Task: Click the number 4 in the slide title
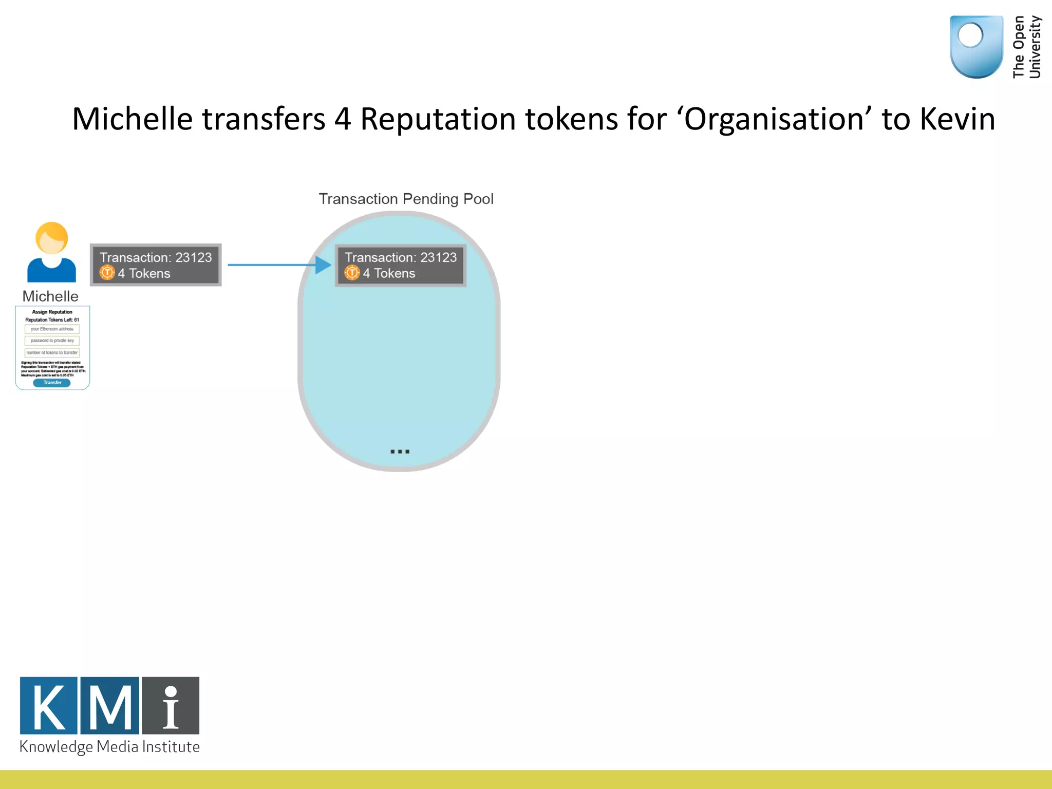tap(343, 119)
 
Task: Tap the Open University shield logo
tap(976, 46)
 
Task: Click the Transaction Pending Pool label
tap(406, 199)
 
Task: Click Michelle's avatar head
tap(51, 238)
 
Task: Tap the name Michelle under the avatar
tap(50, 296)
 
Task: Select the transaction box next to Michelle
tap(156, 265)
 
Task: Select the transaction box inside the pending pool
tap(401, 265)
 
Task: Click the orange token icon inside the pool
tap(352, 273)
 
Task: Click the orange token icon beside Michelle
tap(107, 273)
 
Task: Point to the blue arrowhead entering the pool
tap(324, 265)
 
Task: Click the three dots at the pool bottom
tap(400, 452)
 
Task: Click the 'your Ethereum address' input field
tap(52, 329)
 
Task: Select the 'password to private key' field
tap(52, 341)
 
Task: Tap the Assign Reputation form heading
tap(52, 312)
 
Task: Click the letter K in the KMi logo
tap(49, 706)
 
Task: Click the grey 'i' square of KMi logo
tap(171, 706)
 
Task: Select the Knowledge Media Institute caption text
tap(109, 747)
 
